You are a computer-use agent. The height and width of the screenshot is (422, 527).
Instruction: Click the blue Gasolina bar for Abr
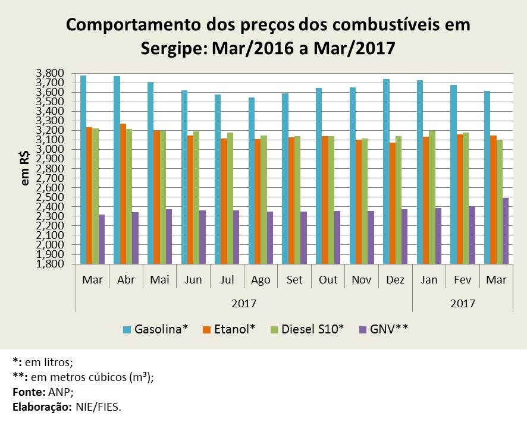pyautogui.click(x=117, y=169)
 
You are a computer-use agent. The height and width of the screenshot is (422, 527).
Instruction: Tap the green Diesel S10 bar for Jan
pyautogui.click(x=432, y=197)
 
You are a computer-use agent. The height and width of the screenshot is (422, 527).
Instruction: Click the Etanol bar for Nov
pyautogui.click(x=359, y=201)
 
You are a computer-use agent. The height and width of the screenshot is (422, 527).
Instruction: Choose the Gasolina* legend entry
pyautogui.click(x=155, y=329)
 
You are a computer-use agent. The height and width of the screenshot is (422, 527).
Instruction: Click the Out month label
pyautogui.click(x=328, y=280)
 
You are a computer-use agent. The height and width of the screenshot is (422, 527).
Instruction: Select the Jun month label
pyautogui.click(x=193, y=280)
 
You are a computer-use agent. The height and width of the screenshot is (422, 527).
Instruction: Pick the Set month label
pyautogui.click(x=294, y=280)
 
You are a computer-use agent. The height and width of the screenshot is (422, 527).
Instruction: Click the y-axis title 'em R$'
pyautogui.click(x=26, y=169)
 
